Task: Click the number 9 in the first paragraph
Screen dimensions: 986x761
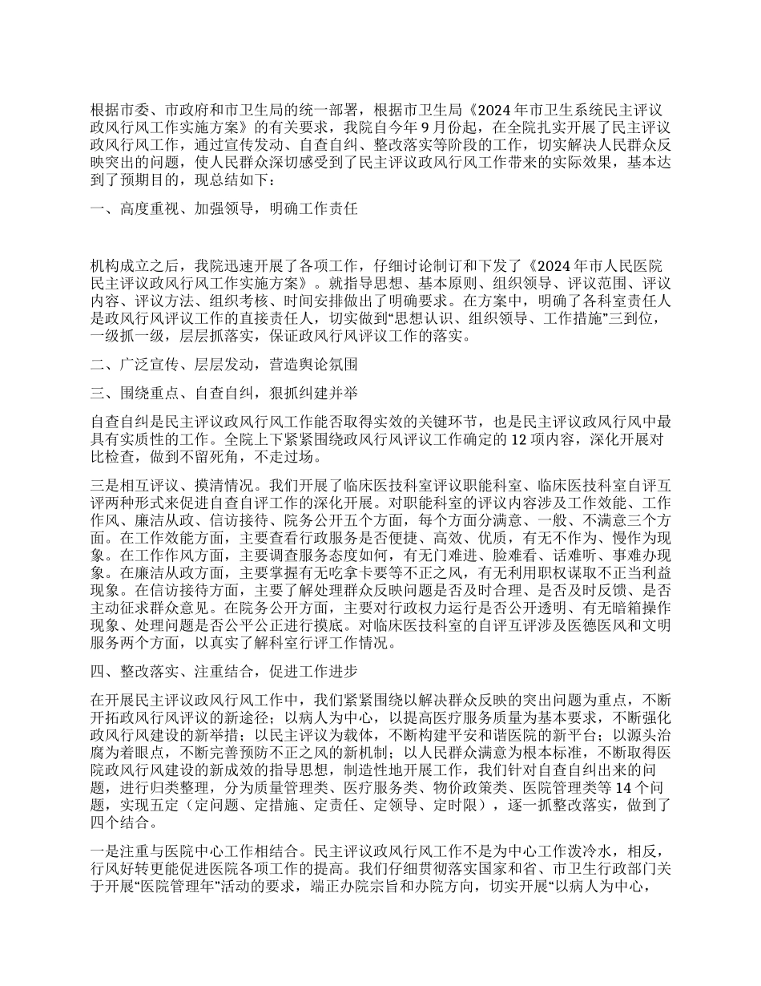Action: (x=460, y=126)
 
